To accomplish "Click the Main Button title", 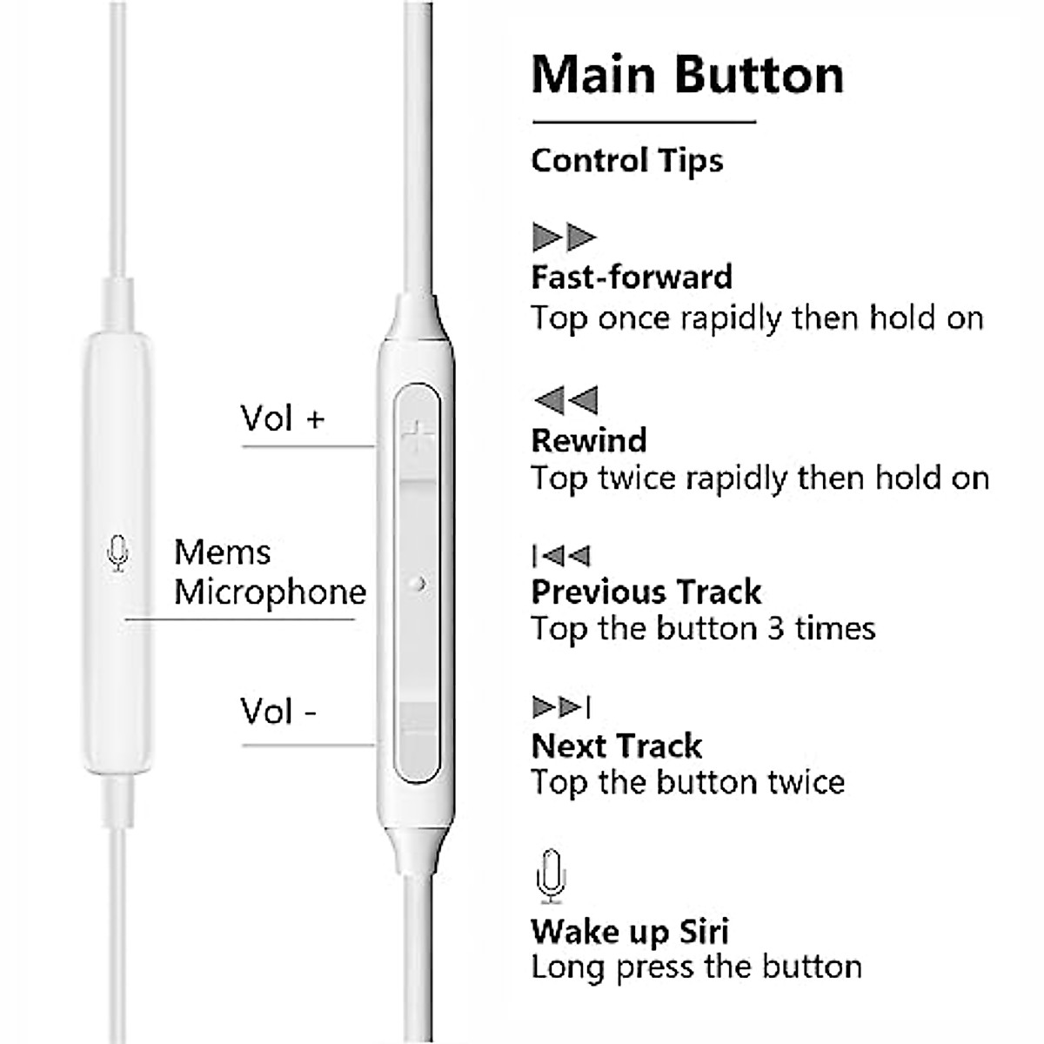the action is point(687,75).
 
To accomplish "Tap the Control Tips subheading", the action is point(626,161).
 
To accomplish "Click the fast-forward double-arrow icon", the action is point(564,237).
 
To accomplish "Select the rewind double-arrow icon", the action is point(565,400).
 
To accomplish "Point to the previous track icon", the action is point(561,556).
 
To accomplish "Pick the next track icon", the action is point(561,707).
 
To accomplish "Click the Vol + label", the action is point(282,419).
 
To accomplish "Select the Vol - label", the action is point(278,712).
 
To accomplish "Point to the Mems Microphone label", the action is point(270,572).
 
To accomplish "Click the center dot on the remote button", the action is point(419,583).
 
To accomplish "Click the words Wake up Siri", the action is point(630,932).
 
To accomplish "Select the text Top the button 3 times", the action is point(703,628).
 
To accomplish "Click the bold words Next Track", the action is point(616,746).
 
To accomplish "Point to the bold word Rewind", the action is point(589,440).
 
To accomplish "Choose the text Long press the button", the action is point(696,967).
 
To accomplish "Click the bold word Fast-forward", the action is point(632,277).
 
